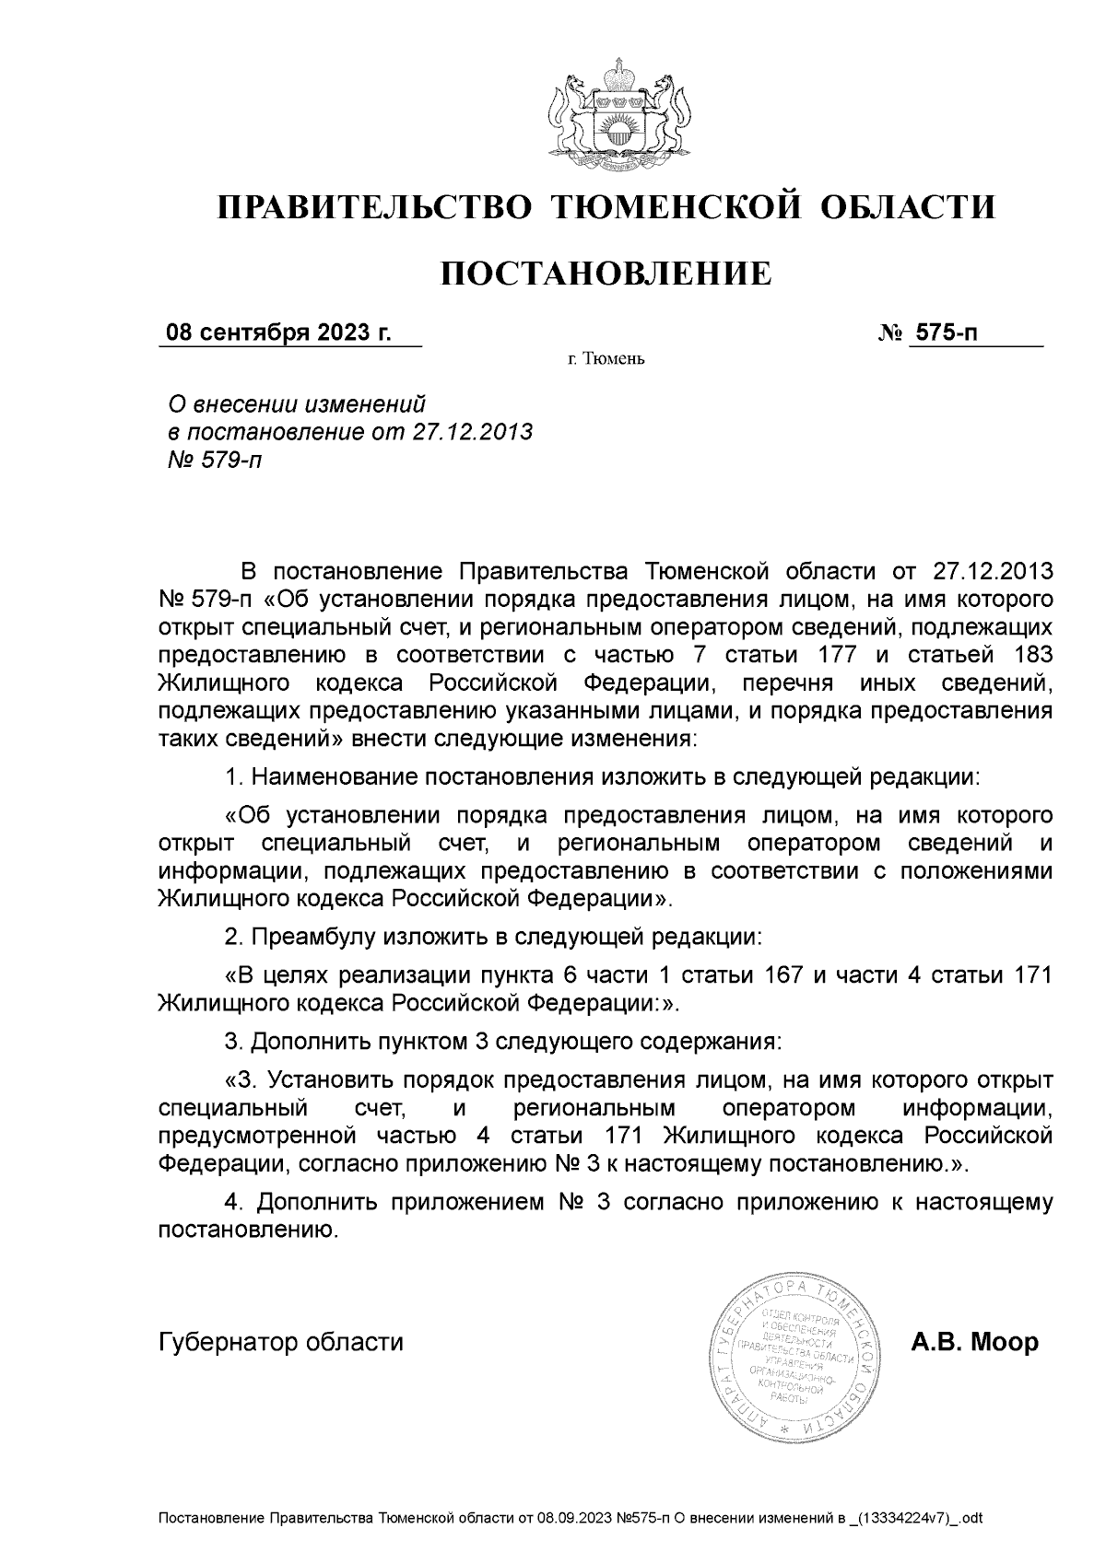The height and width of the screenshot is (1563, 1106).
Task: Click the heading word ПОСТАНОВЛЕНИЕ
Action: click(x=606, y=274)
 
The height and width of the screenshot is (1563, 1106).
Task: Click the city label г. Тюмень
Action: click(x=606, y=359)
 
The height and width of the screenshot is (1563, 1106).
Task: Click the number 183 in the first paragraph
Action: click(x=1030, y=655)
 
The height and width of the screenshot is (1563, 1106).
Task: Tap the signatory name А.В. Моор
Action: click(x=974, y=1342)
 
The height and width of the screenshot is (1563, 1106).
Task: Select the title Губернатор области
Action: click(x=281, y=1342)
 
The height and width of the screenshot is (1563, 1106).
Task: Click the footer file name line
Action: click(x=571, y=1517)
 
